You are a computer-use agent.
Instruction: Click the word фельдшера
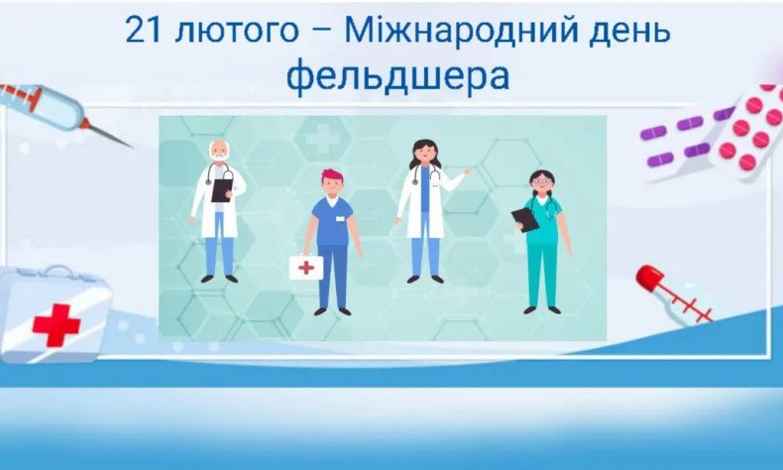(397, 76)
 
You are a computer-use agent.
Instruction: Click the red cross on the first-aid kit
(56, 324)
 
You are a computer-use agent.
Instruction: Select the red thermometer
(673, 293)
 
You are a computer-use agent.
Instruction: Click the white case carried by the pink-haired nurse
(305, 268)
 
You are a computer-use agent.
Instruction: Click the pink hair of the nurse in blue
(331, 176)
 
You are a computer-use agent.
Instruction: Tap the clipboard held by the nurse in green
(525, 219)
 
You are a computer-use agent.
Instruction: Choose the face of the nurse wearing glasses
(541, 184)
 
